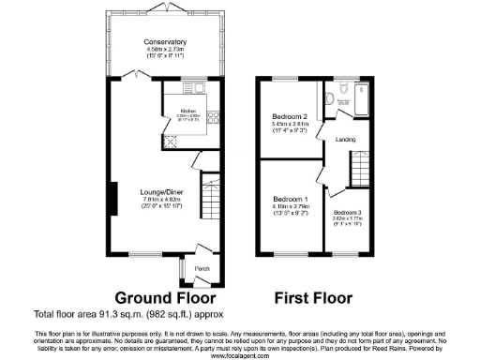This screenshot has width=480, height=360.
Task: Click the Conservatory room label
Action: tap(164, 41)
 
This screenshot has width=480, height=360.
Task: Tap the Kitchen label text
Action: tap(188, 110)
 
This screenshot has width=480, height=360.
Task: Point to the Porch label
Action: tap(200, 267)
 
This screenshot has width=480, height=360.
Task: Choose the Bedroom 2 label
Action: tap(290, 116)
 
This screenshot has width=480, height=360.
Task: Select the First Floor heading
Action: tap(313, 299)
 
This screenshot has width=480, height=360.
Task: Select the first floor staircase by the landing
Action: tap(357, 173)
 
